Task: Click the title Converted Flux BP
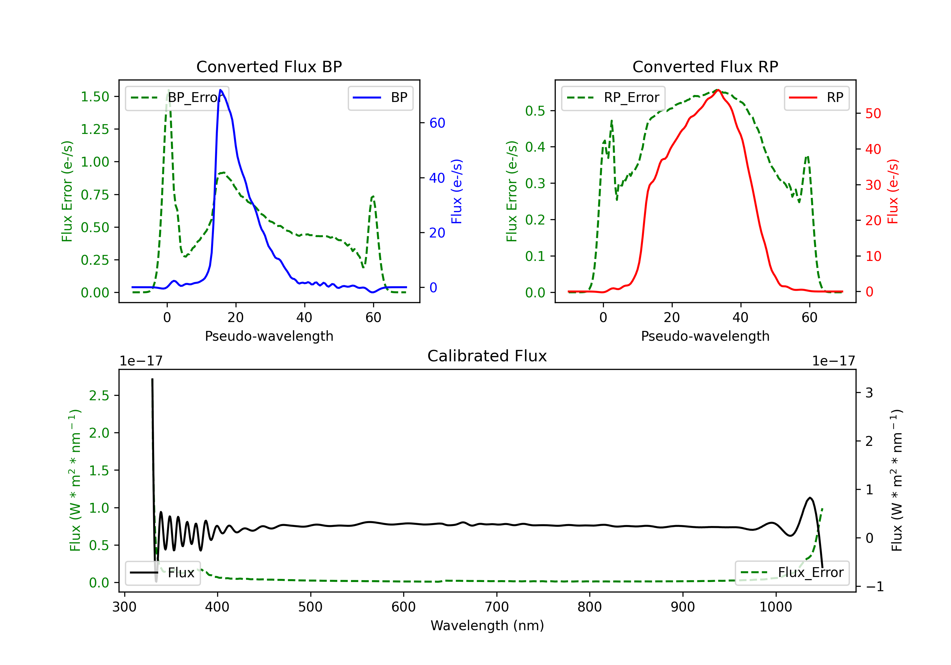[269, 66]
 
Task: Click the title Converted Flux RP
[705, 66]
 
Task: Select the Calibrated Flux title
[487, 356]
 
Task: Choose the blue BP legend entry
[380, 98]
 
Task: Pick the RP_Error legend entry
[613, 98]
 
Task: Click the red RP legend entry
[816, 98]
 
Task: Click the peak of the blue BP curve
[220, 90]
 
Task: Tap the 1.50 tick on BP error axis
[95, 97]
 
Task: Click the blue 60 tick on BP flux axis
[437, 123]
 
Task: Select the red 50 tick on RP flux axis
[873, 113]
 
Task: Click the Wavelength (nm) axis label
[487, 625]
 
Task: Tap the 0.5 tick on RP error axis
[535, 111]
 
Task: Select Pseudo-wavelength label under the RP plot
[705, 336]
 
